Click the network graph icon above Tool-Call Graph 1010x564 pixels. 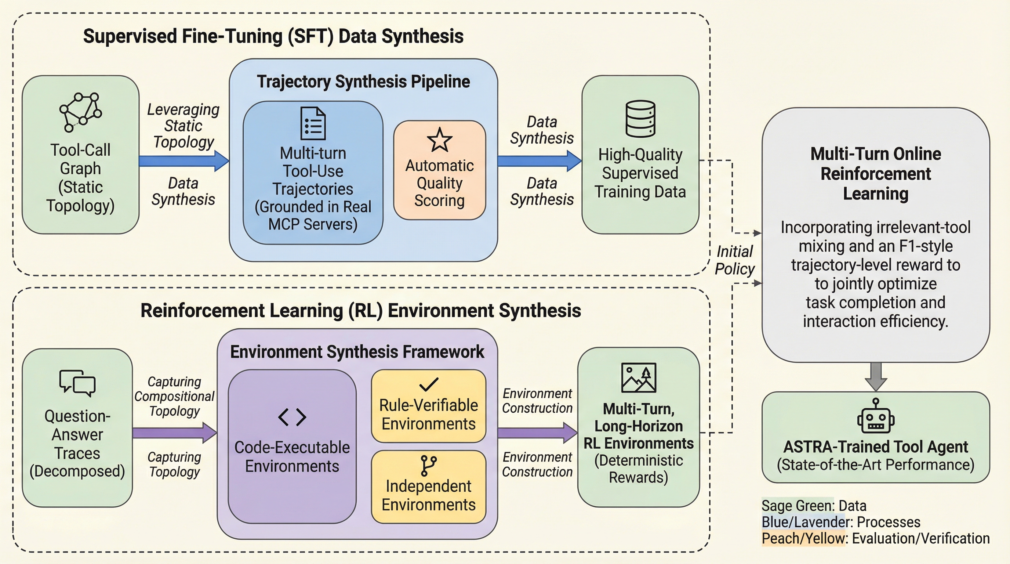tap(80, 112)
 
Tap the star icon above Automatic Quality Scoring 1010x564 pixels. tap(440, 140)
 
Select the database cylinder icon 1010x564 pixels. tap(640, 119)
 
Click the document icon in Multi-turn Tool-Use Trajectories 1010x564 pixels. tap(313, 123)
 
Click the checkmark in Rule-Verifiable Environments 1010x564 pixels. tap(429, 384)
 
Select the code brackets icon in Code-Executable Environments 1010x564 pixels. tap(292, 416)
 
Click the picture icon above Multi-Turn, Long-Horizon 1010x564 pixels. tap(638, 377)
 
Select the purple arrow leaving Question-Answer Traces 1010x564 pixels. tap(174, 433)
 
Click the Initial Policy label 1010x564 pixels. tap(734, 260)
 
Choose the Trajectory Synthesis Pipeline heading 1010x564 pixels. tap(363, 82)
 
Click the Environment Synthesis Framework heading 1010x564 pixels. tap(357, 352)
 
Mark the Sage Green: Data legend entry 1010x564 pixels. tap(814, 506)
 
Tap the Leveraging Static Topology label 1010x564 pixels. tap(183, 126)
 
